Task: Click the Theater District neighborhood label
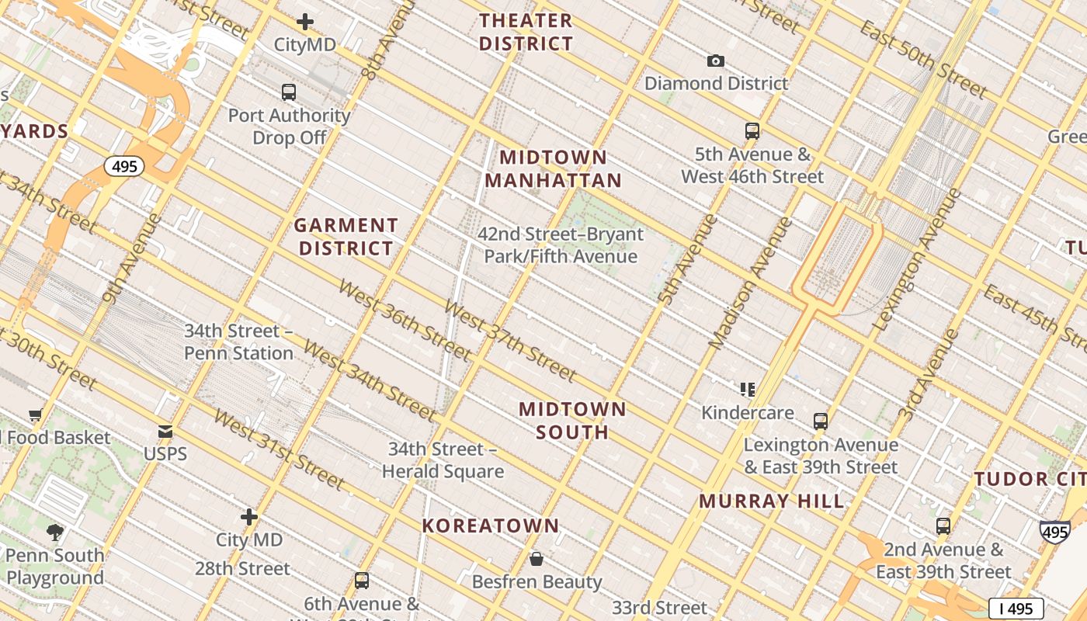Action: pos(526,32)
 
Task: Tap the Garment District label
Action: pos(346,237)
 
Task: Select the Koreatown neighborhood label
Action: pos(491,526)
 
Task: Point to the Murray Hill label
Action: pos(772,501)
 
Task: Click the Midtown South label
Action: pos(572,420)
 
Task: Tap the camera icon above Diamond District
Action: pos(715,61)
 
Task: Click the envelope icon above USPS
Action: pos(165,432)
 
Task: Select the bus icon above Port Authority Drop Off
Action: pos(289,92)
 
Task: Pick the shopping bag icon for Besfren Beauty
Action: pos(536,559)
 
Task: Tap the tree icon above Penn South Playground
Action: pos(54,532)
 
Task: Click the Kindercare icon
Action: pos(748,389)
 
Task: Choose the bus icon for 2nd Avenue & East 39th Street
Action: pos(943,526)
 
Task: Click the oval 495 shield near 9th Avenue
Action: pos(124,166)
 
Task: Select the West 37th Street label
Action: pos(510,342)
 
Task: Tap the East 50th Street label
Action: pos(923,60)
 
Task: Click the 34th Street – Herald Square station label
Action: pos(443,460)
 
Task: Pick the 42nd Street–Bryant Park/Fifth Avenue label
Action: pos(561,245)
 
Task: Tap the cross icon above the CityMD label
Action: pos(305,22)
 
